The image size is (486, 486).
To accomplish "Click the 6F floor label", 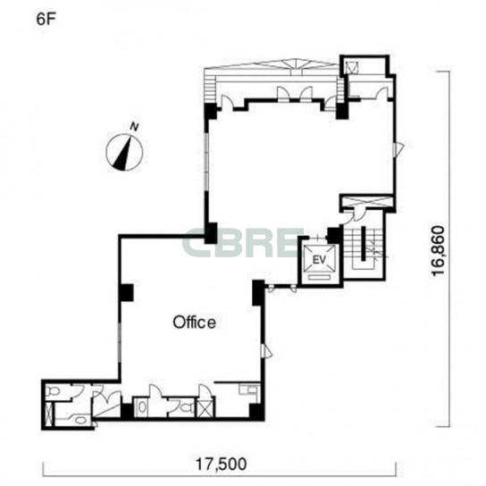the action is point(46,20).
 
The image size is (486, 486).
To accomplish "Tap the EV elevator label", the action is point(320,260).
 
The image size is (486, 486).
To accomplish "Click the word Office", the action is point(194,323).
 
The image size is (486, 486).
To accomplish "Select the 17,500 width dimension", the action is point(221,464).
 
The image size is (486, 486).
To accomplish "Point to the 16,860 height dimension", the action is point(439,250).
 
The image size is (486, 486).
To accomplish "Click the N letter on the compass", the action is point(134,127).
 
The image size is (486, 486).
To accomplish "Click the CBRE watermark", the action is point(242,243).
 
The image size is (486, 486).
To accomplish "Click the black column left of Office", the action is point(126,293).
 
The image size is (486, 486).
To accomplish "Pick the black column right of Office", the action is point(258,293).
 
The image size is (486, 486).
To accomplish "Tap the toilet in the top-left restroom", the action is point(54,391).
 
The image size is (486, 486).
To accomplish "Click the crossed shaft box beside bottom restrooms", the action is point(205,408).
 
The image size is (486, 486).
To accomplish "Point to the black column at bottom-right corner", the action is point(257,412).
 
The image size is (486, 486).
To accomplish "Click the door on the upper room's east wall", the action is point(398,148).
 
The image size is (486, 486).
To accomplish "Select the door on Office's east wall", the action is point(266,351).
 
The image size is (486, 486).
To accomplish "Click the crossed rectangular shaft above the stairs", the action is point(366,201).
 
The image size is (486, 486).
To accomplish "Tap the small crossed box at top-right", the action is point(352,67).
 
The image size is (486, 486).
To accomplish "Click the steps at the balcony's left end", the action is point(210,86).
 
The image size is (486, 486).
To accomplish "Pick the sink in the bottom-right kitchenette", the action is point(250,389).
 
